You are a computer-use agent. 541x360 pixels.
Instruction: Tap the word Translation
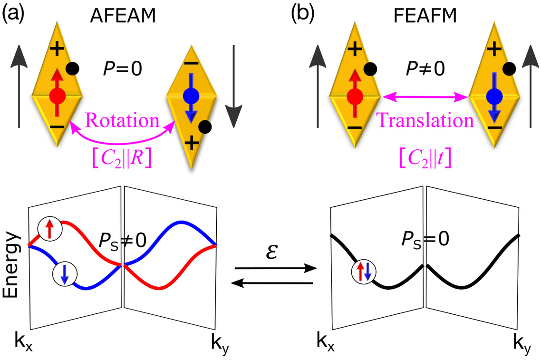click(x=425, y=121)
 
